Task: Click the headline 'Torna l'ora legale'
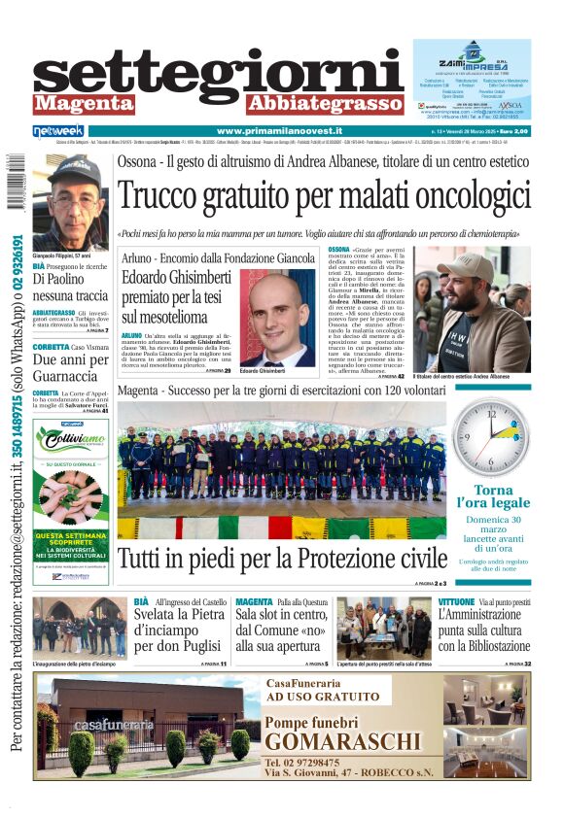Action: [x=492, y=496]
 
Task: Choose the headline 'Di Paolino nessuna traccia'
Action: [x=70, y=287]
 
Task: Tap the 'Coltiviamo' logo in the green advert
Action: [x=71, y=442]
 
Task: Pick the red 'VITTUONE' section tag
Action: [x=457, y=602]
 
